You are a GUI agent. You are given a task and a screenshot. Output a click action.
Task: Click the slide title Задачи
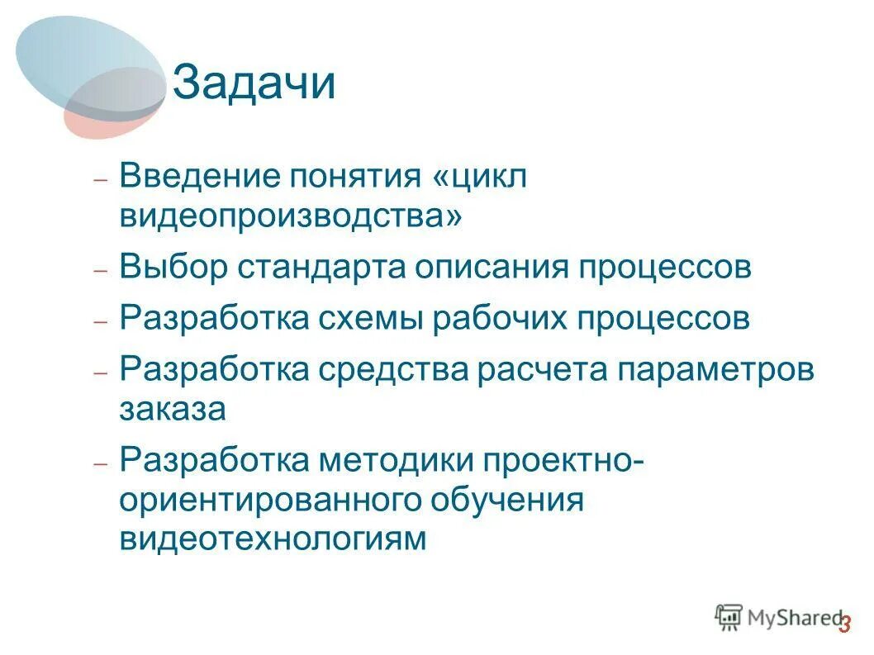point(254,84)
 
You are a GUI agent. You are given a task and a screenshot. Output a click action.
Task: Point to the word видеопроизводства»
point(291,216)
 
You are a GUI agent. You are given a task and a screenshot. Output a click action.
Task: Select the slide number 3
point(844,625)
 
